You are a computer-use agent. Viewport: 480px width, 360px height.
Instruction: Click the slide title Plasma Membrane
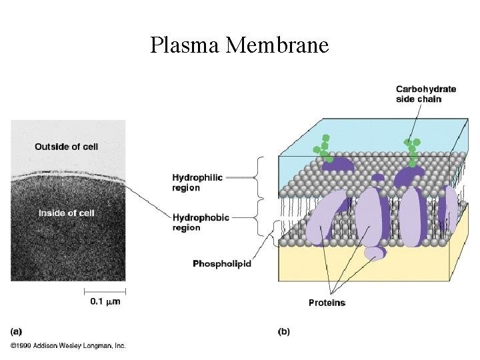239,45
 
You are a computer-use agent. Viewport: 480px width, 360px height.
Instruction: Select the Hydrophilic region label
197,183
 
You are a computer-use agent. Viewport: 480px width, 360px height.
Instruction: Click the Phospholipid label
221,264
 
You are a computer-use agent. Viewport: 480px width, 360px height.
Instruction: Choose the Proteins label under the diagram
327,303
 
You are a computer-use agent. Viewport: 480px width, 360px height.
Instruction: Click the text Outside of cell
66,147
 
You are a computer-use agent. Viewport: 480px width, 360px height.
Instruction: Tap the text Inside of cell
66,213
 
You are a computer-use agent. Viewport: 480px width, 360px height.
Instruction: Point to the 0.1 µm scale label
105,301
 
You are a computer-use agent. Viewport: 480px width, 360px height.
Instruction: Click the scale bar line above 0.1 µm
105,291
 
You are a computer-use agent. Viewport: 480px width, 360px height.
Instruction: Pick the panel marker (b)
283,331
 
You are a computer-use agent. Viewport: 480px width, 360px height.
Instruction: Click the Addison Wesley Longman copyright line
68,345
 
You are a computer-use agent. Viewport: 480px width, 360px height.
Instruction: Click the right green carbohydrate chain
412,151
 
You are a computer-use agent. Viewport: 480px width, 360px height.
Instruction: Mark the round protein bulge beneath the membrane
374,253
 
